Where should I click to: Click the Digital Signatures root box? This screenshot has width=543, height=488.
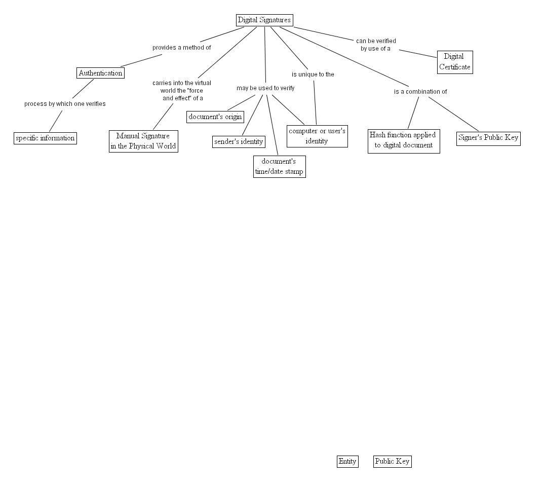pos(264,20)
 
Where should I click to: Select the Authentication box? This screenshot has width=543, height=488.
pos(100,73)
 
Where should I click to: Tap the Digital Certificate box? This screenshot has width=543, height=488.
pos(454,62)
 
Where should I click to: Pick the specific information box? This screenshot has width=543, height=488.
pos(45,138)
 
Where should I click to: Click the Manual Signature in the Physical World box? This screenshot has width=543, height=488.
pos(143,141)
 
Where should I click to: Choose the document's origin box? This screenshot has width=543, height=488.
pos(215,117)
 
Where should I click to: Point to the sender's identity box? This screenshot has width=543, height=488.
pos(239,141)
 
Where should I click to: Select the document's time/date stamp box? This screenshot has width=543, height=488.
pos(279,166)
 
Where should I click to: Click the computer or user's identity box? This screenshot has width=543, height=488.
pos(317,136)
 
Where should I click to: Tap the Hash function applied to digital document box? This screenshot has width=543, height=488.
pos(403,140)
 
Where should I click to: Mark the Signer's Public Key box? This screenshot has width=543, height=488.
pos(488,137)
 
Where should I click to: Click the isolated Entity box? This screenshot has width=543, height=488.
pos(347,461)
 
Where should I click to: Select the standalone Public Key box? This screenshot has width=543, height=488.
pos(392,461)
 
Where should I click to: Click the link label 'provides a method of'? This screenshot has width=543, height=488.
pos(181,48)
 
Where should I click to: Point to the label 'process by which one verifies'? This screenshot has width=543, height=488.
pos(65,104)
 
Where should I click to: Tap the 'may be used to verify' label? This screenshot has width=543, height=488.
pos(265,88)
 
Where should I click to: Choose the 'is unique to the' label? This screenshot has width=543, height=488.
pos(313,74)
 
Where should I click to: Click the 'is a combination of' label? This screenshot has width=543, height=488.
pos(420,92)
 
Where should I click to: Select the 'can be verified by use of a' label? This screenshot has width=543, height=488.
pos(376,45)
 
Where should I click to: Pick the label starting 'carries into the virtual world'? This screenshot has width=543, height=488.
pos(182,90)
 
